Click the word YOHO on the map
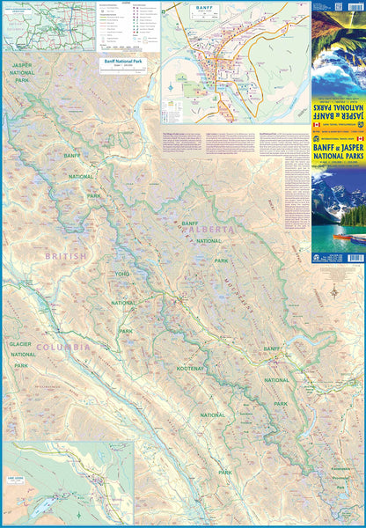pos(122,274)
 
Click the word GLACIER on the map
pos(20,344)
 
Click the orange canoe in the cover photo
pos(357,238)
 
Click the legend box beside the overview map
pos(121,26)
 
